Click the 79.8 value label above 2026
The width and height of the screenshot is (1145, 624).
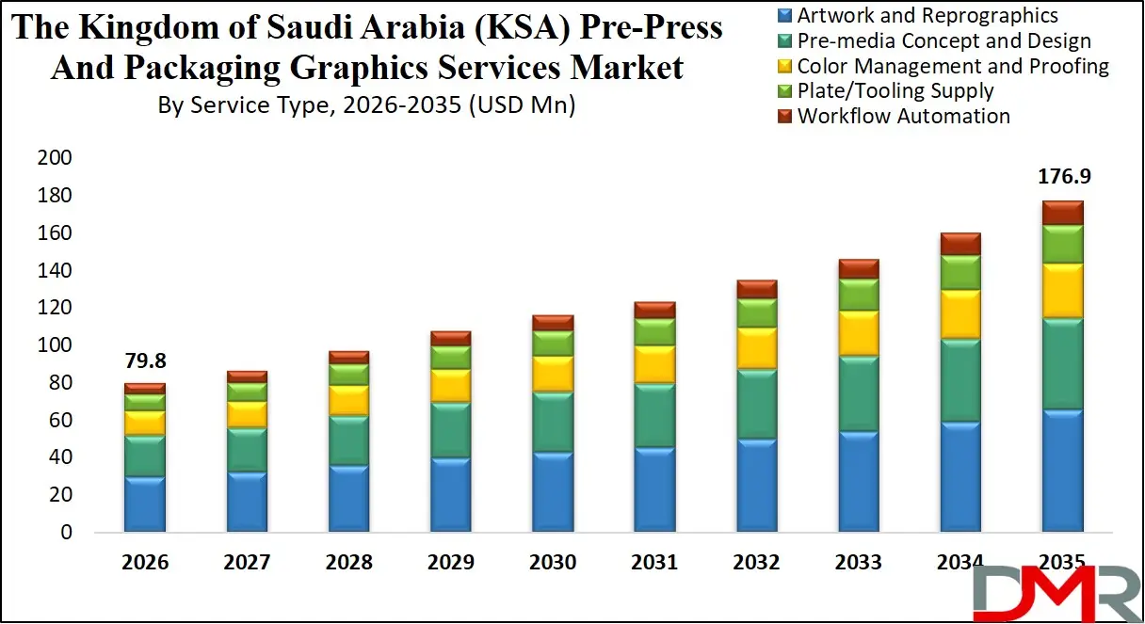(x=144, y=360)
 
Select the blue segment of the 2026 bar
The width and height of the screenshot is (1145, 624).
(x=144, y=504)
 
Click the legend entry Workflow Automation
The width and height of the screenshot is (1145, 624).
(x=903, y=117)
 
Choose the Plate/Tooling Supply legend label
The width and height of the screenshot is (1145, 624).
(x=895, y=91)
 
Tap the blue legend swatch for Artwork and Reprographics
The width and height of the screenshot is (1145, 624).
(x=784, y=16)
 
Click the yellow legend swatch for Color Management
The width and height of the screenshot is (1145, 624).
(x=784, y=67)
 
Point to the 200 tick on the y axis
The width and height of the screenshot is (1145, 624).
(x=54, y=158)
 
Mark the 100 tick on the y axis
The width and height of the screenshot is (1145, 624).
(x=54, y=345)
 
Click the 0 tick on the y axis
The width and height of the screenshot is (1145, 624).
(x=64, y=533)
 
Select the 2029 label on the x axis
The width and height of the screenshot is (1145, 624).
(x=450, y=563)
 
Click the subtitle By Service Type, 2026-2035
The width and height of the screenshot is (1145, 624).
(x=366, y=105)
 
